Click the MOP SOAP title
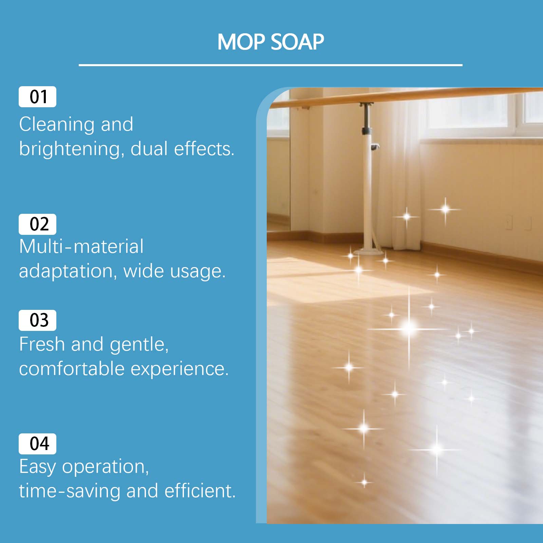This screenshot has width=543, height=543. pos(271,42)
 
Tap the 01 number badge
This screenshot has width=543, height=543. pos(37,97)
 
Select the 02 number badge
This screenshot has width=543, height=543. pos(37,224)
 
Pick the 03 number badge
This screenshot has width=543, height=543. pos(37,320)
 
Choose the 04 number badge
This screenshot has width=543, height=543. pos(37,444)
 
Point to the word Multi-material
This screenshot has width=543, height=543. pos(81,246)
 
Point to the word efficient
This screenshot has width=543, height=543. pos(200,491)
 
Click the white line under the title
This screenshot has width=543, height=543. pos(270,65)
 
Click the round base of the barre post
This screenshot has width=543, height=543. pos(368,252)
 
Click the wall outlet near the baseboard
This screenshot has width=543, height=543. pos(509,222)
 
